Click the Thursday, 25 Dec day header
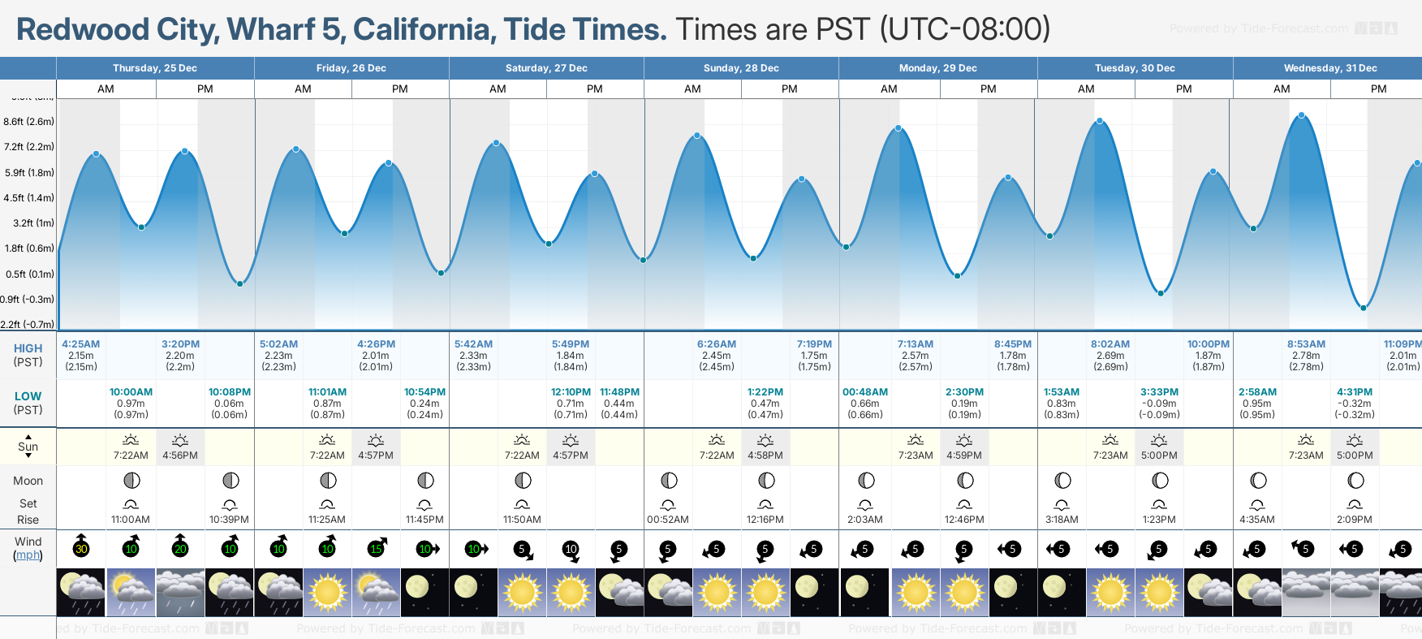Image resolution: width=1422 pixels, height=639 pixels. (155, 68)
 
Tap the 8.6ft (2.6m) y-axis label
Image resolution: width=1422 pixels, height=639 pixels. (29, 122)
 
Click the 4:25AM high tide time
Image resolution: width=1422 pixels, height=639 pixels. (81, 344)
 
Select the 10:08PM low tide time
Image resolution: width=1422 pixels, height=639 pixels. (230, 392)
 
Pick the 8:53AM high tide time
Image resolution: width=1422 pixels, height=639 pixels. (1306, 344)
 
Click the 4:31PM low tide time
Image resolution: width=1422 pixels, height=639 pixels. (1355, 392)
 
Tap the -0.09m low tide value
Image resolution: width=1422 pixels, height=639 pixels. (1159, 404)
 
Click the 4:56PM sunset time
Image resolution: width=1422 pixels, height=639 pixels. (180, 456)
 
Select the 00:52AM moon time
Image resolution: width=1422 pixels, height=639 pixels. (668, 520)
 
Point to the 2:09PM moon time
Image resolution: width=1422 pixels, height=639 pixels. (1355, 520)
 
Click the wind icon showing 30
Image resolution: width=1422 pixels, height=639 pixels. (81, 547)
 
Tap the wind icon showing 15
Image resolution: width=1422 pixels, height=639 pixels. (377, 548)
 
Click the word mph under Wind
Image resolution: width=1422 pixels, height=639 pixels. (28, 555)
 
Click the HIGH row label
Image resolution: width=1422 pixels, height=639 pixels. (28, 348)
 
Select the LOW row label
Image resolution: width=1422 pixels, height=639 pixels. (28, 396)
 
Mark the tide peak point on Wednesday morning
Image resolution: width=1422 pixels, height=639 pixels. (1302, 115)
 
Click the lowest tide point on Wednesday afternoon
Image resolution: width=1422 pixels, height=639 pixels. (1364, 308)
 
